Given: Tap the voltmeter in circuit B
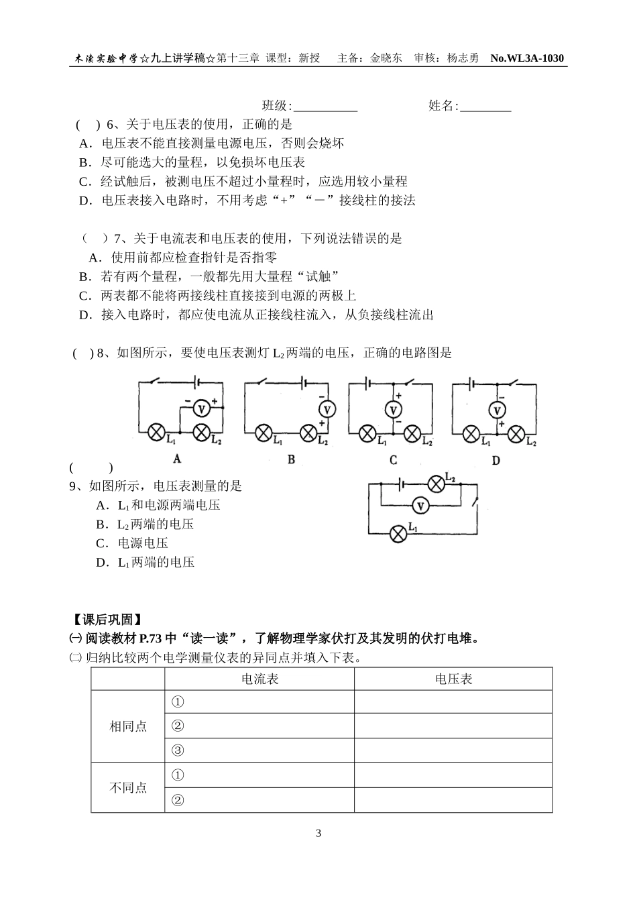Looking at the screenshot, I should (327, 409).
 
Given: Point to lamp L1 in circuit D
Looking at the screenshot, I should (471, 434).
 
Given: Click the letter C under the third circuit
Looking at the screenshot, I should (393, 460).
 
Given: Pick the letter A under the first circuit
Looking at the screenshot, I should (177, 459).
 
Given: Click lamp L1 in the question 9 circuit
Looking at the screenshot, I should (398, 534).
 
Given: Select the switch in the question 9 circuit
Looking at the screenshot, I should (476, 500).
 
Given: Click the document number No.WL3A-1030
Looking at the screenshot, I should (527, 58).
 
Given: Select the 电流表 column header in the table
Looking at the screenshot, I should (259, 679).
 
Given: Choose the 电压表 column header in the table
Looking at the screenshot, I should (453, 679).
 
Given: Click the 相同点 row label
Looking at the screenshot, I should (128, 726).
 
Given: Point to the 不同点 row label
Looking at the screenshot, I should (128, 788).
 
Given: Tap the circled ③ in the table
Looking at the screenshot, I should (178, 750).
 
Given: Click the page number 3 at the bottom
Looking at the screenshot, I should (318, 834).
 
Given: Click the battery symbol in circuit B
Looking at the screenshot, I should (305, 383).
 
